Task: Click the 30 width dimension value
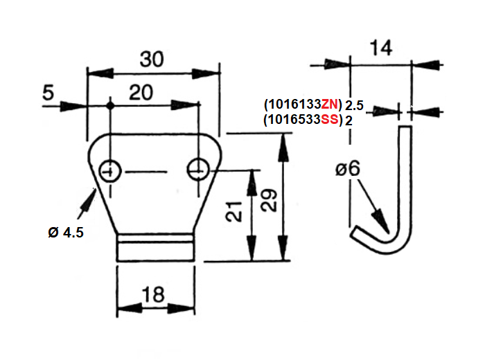pos(152,59)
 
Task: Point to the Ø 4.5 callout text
pos(67,233)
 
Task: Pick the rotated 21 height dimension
pos(236,211)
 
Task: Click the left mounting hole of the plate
pos(109,170)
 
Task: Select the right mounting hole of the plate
pos(198,168)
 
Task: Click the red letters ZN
pos(330,105)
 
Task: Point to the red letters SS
pos(330,120)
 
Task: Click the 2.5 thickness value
pos(354,105)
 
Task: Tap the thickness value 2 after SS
pos(349,120)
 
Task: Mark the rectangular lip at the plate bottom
pos(154,247)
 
